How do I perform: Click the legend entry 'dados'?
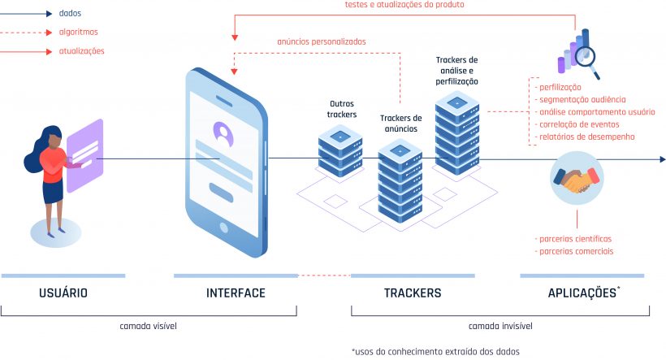[71, 13]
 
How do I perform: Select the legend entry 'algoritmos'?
[78, 33]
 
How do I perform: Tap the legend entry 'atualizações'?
[81, 51]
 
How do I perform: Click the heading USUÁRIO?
[63, 293]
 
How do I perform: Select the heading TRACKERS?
[412, 293]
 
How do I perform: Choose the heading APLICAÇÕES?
[582, 293]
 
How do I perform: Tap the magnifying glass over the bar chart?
[585, 57]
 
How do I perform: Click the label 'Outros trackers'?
[342, 109]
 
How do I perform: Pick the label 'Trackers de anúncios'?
[400, 124]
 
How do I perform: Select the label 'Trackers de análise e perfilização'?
[456, 71]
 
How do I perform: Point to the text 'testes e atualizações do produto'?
[404, 5]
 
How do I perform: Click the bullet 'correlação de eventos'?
[579, 124]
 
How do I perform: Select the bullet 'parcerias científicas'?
[575, 239]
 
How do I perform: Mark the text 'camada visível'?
[148, 326]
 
